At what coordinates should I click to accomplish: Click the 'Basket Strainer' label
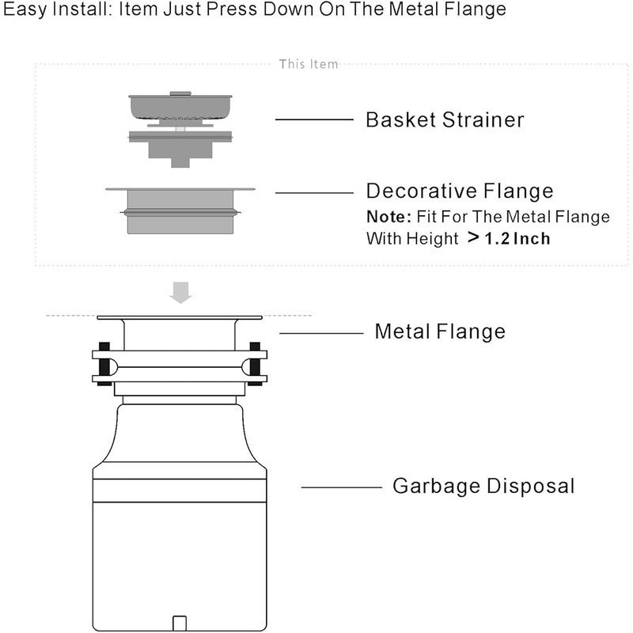444,120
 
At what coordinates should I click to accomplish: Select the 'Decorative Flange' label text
459,191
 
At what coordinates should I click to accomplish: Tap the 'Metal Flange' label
439,331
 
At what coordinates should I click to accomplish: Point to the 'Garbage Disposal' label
483,486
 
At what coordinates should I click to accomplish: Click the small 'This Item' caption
308,64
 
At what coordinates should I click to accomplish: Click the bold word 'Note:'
388,216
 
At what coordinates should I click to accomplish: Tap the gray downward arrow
181,295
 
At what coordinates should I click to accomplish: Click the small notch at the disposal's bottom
180,619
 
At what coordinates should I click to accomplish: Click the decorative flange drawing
180,209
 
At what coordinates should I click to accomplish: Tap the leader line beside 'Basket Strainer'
313,120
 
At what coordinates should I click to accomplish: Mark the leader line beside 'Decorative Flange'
313,192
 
